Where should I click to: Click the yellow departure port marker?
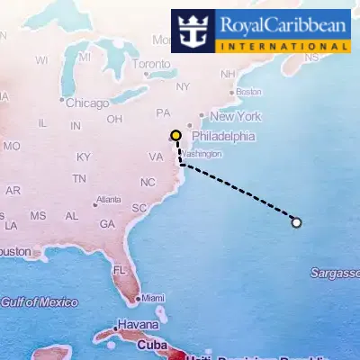click(175, 136)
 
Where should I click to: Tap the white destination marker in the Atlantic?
click(297, 222)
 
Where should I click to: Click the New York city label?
click(235, 116)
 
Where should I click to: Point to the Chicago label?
click(86, 102)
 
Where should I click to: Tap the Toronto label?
click(150, 65)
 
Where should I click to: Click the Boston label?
click(248, 92)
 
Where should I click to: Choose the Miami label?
click(153, 298)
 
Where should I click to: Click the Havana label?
click(139, 325)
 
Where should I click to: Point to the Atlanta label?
click(108, 199)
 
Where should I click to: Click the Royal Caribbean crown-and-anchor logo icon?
click(193, 31)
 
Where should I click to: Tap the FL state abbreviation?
click(120, 270)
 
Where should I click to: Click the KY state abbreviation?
click(84, 157)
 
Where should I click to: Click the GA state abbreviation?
click(107, 224)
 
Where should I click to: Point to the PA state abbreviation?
click(163, 113)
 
